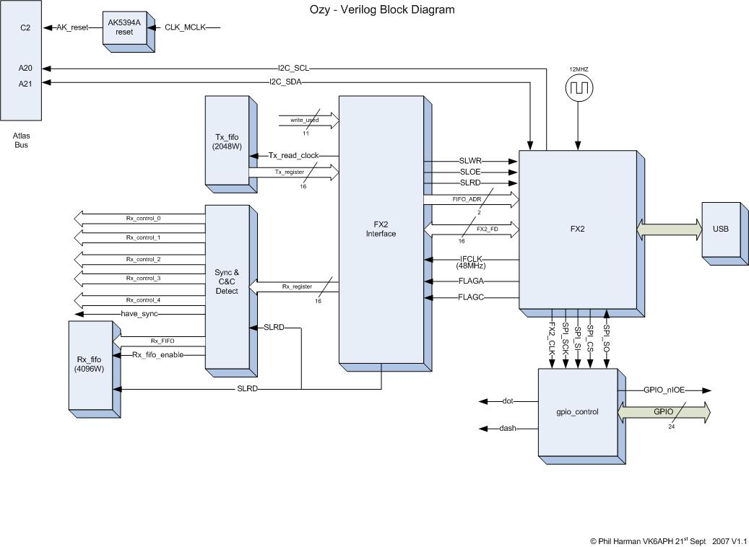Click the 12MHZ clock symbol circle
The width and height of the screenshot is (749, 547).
(x=577, y=90)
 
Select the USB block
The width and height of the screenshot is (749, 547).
(x=720, y=229)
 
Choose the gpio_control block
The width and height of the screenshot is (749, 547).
(x=576, y=412)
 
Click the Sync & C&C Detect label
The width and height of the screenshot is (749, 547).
(x=226, y=282)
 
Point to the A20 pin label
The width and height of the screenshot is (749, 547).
(x=25, y=69)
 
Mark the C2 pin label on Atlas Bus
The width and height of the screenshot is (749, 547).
(x=25, y=27)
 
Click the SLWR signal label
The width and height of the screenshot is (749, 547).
(x=470, y=161)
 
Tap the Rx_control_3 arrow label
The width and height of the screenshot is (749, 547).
(x=144, y=278)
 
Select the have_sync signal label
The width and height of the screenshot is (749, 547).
(x=139, y=313)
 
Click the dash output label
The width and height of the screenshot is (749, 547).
(x=508, y=429)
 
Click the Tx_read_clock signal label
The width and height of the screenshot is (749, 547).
(x=293, y=155)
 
